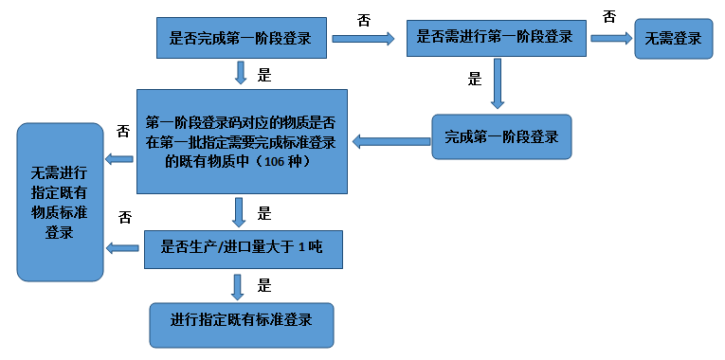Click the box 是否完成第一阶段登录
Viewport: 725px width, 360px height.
pos(240,39)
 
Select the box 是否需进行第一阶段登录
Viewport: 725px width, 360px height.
pos(495,38)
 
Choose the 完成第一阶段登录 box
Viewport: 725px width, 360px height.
pos(501,136)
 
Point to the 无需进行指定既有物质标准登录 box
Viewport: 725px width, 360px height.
pos(60,202)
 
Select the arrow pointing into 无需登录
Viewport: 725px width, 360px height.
pos(611,39)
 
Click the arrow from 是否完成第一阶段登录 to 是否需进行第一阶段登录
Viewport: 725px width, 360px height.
pos(363,39)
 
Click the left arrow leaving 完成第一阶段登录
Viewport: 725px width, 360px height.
pos(391,141)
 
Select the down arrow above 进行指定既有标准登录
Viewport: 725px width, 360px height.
pos(240,286)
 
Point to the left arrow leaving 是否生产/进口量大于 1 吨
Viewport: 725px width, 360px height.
pos(123,248)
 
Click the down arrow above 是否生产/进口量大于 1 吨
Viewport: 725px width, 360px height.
pos(240,210)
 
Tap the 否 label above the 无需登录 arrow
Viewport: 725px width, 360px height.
pos(608,16)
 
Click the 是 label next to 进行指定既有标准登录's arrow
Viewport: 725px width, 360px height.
pos(265,284)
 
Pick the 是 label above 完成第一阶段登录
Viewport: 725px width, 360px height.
pos(475,80)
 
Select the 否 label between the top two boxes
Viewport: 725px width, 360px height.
pos(364,20)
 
